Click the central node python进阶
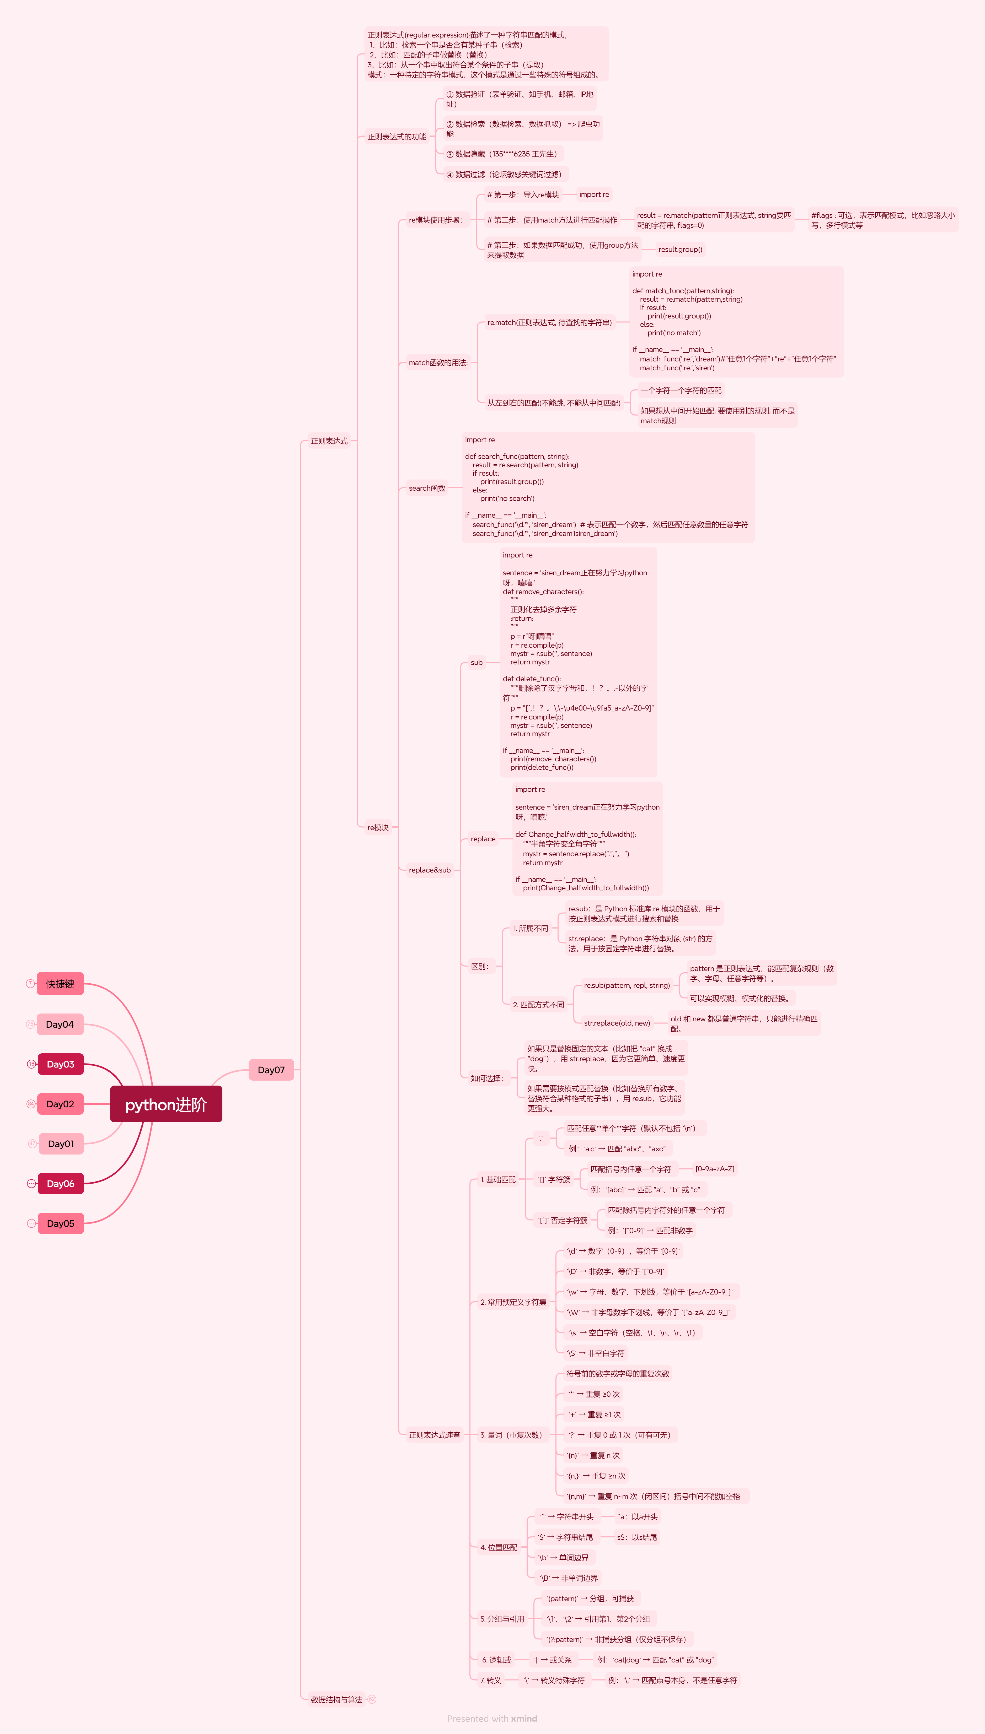click(x=166, y=1104)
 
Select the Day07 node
click(x=271, y=1070)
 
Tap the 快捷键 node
click(x=60, y=984)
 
